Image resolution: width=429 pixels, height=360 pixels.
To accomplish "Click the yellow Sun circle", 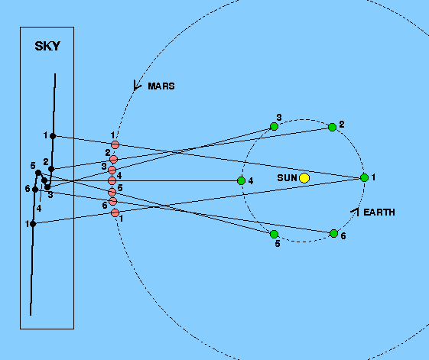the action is [x=304, y=178].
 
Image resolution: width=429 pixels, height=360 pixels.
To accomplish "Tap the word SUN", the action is [x=287, y=178].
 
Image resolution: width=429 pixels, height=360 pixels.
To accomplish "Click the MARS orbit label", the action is [x=161, y=86].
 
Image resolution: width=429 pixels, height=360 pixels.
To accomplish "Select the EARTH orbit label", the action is [x=379, y=212].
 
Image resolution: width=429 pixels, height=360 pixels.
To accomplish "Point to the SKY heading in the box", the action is [x=47, y=46].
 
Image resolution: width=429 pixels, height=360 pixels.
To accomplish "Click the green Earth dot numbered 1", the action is [x=365, y=178].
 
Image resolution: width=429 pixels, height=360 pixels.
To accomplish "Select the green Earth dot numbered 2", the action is [x=332, y=127].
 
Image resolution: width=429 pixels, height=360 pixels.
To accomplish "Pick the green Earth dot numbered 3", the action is [x=274, y=126].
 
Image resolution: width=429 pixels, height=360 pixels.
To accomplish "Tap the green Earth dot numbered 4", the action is [x=241, y=180].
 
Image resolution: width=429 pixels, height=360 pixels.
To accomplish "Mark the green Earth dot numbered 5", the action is [x=274, y=234].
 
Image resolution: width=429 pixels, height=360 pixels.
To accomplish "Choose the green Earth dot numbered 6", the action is [x=333, y=234].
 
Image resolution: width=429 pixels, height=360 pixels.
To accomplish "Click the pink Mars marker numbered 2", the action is [x=113, y=159].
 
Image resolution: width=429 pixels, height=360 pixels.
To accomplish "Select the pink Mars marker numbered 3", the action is [x=112, y=170].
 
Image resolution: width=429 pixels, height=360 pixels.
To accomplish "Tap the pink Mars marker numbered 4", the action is [x=112, y=180].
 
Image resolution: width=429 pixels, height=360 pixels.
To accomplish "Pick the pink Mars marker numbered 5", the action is [x=112, y=192].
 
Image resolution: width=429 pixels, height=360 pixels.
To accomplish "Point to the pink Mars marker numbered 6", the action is [x=112, y=201].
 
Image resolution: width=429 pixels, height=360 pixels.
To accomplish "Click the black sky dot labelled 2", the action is [x=51, y=169].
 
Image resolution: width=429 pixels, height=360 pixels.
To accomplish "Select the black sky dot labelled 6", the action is [x=35, y=190].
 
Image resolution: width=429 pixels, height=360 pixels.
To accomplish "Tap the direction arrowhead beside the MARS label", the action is [x=137, y=86].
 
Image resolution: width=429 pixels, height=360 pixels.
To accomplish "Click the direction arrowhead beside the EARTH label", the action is [x=355, y=212].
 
